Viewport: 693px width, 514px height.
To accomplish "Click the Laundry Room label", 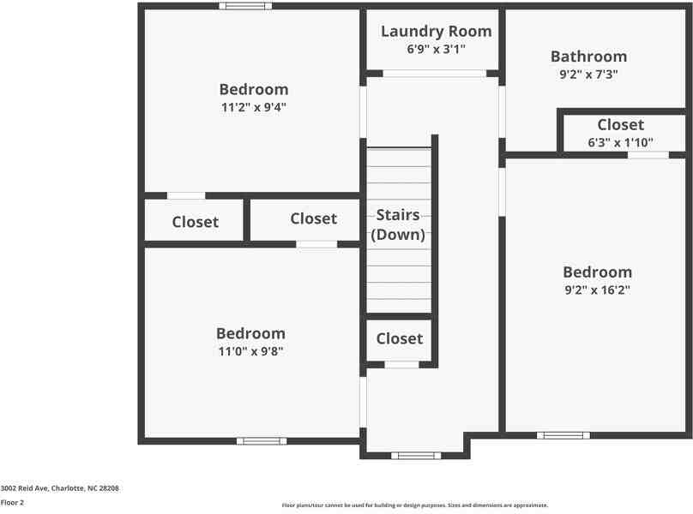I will [436, 32].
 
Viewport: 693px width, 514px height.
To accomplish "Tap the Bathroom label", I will [588, 57].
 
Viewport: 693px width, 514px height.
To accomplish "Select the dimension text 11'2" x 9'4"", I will [253, 107].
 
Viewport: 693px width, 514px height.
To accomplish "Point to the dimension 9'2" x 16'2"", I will [597, 290].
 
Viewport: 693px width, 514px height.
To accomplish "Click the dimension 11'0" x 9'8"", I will [250, 350].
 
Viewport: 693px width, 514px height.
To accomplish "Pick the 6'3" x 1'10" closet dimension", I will [620, 142].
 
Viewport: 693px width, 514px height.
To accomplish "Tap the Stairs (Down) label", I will [398, 224].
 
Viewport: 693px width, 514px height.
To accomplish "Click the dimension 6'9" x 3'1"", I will [436, 49].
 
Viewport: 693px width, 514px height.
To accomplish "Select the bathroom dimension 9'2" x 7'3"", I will [588, 74].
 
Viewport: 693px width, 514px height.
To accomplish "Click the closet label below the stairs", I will [400, 338].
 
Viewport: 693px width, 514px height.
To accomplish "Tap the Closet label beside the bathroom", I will [620, 125].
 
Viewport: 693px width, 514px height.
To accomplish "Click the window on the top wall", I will [244, 6].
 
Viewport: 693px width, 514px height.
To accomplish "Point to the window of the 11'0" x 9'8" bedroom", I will [262, 441].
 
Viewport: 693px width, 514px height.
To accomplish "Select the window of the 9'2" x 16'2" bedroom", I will [563, 435].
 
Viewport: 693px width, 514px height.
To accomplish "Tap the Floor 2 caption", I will [12, 503].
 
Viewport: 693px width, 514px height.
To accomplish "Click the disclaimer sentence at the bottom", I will [415, 505].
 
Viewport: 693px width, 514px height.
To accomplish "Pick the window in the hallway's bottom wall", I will [416, 456].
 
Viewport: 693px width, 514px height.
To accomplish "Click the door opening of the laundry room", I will [434, 74].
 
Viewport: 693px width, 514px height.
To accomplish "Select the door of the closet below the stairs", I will [401, 365].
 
